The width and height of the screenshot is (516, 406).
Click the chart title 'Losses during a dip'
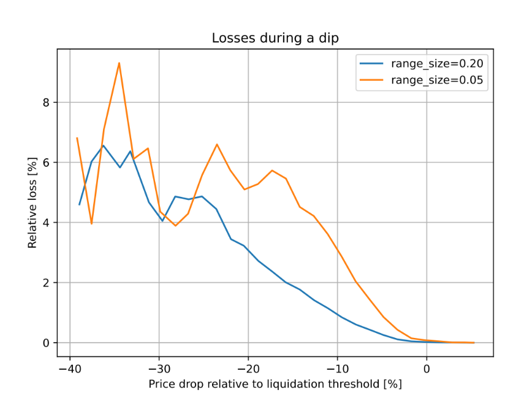pyautogui.click(x=275, y=38)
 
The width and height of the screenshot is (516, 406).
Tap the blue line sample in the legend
pyautogui.click(x=372, y=63)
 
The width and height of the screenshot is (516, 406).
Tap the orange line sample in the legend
pyautogui.click(x=372, y=80)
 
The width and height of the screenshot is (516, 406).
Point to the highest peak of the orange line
pyautogui.click(x=119, y=63)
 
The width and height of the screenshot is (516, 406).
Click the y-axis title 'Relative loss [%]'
pyautogui.click(x=32, y=203)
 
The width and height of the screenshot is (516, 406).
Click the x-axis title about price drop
pyautogui.click(x=275, y=385)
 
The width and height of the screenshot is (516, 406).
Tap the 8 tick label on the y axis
pyautogui.click(x=45, y=102)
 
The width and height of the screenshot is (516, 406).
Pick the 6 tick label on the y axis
pyautogui.click(x=45, y=163)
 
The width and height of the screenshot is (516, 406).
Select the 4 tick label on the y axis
pyautogui.click(x=45, y=223)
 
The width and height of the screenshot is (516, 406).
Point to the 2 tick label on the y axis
pyautogui.click(x=45, y=283)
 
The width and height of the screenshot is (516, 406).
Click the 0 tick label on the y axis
pyautogui.click(x=45, y=343)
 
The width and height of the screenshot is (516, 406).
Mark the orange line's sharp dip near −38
pyautogui.click(x=92, y=223)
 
